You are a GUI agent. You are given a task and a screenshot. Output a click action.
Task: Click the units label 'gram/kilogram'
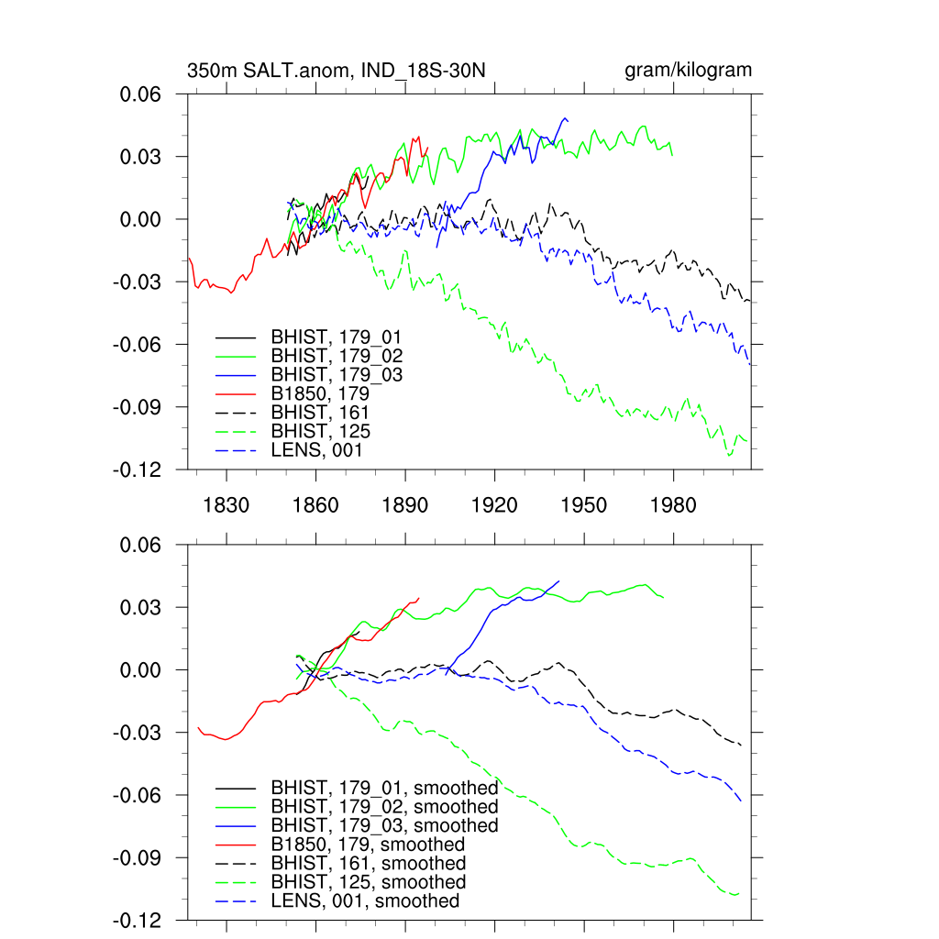(689, 71)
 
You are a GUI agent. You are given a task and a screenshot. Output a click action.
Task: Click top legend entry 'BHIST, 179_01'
(337, 337)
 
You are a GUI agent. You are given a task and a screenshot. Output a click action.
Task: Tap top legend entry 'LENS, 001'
(316, 450)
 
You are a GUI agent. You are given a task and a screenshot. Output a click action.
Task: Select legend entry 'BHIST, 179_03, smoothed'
(384, 825)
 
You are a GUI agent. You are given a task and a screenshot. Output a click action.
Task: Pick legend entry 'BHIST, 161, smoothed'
(368, 864)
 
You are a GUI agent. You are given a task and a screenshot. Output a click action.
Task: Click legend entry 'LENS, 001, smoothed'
(365, 901)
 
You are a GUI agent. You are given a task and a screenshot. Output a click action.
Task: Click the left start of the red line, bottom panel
(198, 727)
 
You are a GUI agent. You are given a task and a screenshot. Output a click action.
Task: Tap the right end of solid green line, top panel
(673, 154)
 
